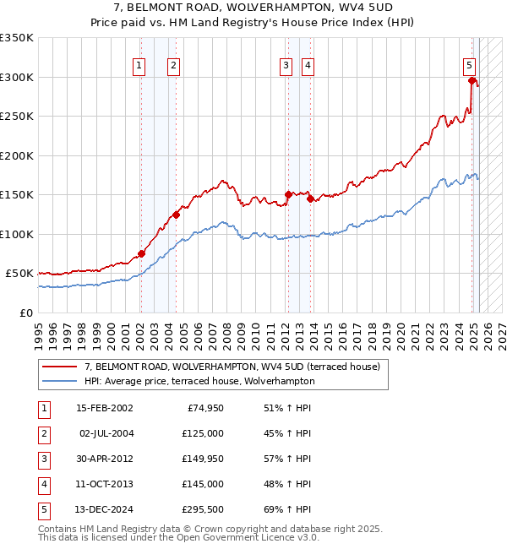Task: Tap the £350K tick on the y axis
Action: point(17,38)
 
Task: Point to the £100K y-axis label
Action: point(17,234)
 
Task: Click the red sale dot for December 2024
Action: point(472,81)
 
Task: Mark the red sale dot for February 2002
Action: point(141,253)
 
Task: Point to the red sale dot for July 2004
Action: point(176,215)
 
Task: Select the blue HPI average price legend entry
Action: point(199,381)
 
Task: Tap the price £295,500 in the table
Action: point(202,509)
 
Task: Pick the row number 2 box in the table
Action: point(43,433)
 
